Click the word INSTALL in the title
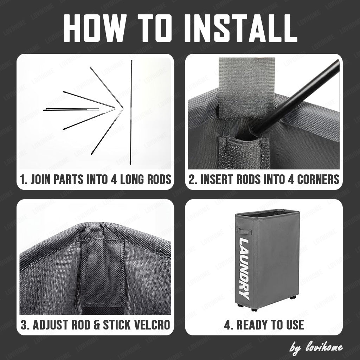241,28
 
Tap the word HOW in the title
95,28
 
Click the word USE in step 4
295,325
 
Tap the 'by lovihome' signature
316,347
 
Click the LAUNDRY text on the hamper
244,269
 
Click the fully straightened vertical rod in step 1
131,112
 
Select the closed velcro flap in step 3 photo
103,271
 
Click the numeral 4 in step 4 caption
227,325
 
